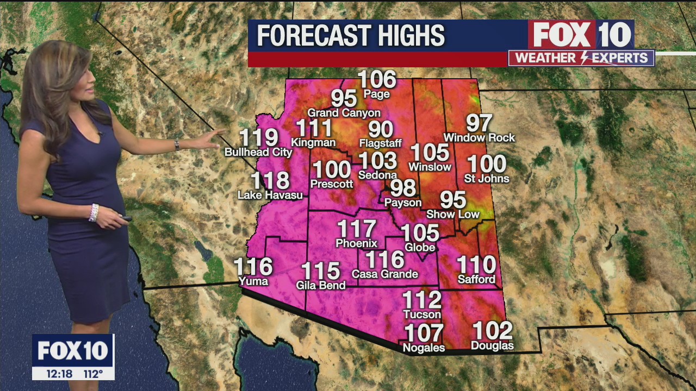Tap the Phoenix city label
(356, 243)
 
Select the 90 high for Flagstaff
(381, 130)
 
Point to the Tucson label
(422, 314)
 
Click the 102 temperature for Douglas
(492, 331)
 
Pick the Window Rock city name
(479, 138)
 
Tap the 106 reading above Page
(377, 80)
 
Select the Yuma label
(253, 281)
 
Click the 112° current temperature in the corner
(93, 374)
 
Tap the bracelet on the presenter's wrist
(94, 212)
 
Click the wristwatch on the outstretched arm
(177, 145)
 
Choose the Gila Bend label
(321, 285)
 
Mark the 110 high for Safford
(476, 265)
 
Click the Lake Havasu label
(270, 195)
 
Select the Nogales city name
(424, 348)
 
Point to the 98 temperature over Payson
(403, 188)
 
